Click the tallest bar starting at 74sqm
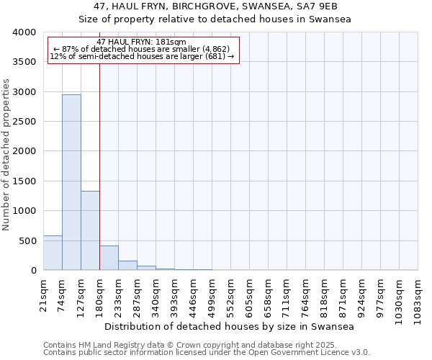point(71,182)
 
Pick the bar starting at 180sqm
point(109,258)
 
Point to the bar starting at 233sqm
point(127,265)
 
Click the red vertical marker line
point(99,166)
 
